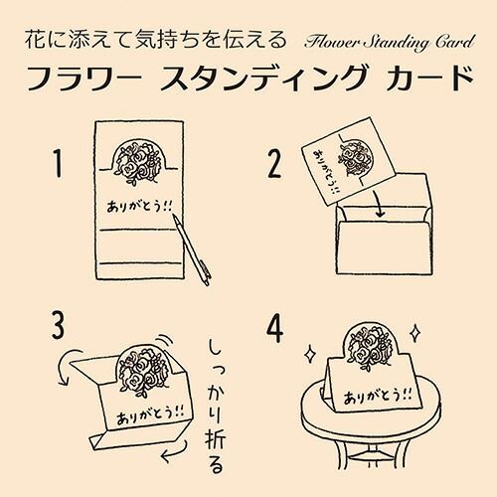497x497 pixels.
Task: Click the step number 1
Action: click(x=58, y=163)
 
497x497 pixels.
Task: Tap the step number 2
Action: click(x=274, y=164)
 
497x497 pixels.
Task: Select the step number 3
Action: click(x=59, y=325)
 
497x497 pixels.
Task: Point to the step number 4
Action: click(x=275, y=328)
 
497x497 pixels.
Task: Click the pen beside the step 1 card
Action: click(x=192, y=249)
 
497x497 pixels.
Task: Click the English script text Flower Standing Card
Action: click(x=390, y=42)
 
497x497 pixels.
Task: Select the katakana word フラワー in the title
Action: click(x=83, y=79)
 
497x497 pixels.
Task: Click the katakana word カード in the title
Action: click(x=429, y=79)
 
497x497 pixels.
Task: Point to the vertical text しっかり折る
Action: click(x=216, y=406)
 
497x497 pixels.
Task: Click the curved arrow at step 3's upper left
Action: click(x=68, y=366)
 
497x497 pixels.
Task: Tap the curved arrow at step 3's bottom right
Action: click(x=175, y=451)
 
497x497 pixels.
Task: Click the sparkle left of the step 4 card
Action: click(x=310, y=355)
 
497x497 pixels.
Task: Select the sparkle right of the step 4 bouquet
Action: click(x=414, y=333)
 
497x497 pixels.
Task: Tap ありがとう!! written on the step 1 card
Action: click(x=139, y=206)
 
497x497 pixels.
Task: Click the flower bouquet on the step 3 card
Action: click(x=143, y=368)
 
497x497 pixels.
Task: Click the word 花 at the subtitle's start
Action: click(x=35, y=40)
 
